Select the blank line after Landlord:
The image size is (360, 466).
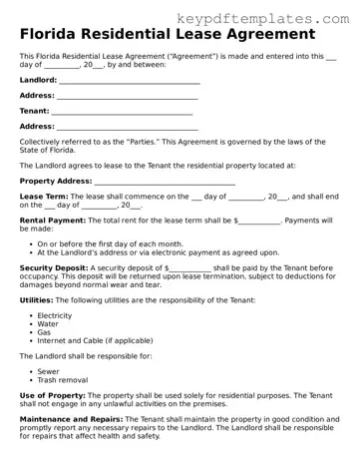[129, 81]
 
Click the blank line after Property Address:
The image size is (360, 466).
[164, 183]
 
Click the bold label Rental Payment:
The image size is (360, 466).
[53, 221]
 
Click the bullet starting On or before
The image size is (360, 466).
[110, 243]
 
